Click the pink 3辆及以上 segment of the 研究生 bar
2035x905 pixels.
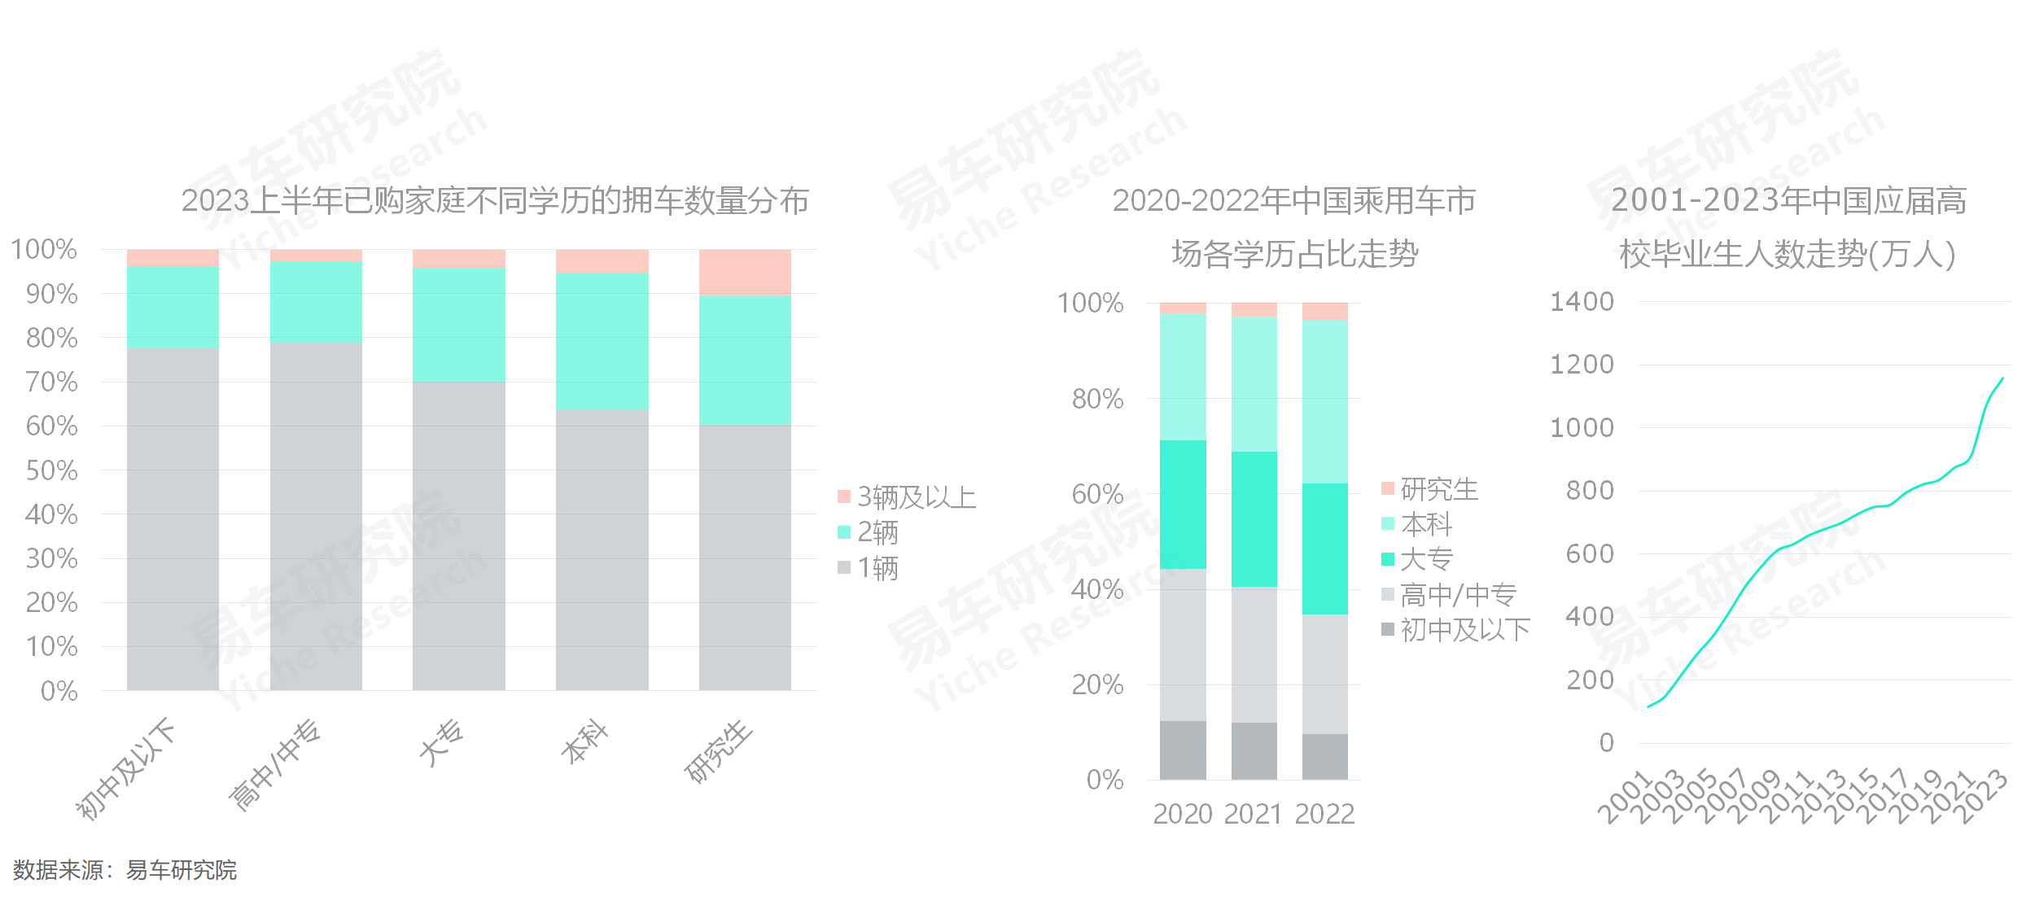click(745, 272)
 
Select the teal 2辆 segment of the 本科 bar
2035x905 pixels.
click(602, 341)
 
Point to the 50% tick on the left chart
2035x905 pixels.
click(52, 470)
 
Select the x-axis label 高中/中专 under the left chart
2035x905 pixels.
click(275, 765)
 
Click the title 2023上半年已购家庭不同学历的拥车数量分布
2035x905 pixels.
click(495, 201)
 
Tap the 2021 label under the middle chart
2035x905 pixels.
click(1254, 814)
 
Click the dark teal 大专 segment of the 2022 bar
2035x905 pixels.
click(1324, 549)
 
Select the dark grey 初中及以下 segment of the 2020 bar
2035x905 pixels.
click(1182, 750)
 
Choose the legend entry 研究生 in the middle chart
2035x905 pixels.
click(1438, 489)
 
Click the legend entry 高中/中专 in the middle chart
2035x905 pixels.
click(1457, 595)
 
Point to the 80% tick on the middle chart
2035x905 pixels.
click(1097, 399)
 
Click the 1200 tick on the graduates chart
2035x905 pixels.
click(1582, 365)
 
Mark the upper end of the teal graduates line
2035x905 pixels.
click(2002, 378)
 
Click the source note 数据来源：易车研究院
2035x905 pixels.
click(125, 870)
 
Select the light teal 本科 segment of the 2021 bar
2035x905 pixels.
click(1254, 384)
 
